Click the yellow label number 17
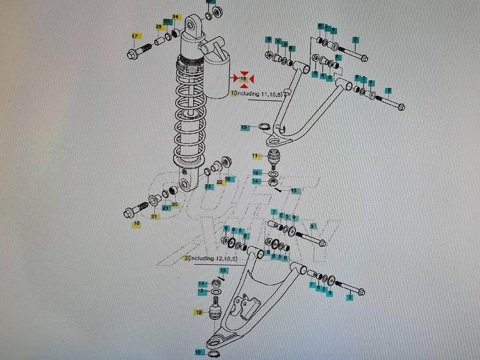(x=134, y=36)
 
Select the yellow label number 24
(x=175, y=18)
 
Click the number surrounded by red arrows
(x=243, y=78)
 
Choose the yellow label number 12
(x=199, y=312)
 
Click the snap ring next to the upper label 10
(x=264, y=127)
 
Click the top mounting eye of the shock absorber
(x=192, y=24)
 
